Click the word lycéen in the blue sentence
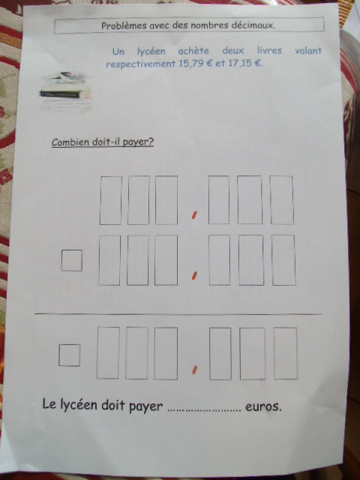click(x=151, y=52)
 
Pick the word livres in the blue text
click(x=269, y=50)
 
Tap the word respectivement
click(x=140, y=64)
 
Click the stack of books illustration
click(x=66, y=90)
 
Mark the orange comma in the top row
click(x=193, y=216)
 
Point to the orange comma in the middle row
click(x=193, y=276)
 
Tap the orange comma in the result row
click(x=194, y=370)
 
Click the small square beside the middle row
click(x=72, y=260)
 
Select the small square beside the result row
click(x=69, y=355)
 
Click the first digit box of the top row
click(x=110, y=200)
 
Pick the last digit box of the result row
click(x=286, y=353)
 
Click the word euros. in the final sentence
click(x=263, y=406)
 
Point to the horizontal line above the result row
click(x=178, y=314)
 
